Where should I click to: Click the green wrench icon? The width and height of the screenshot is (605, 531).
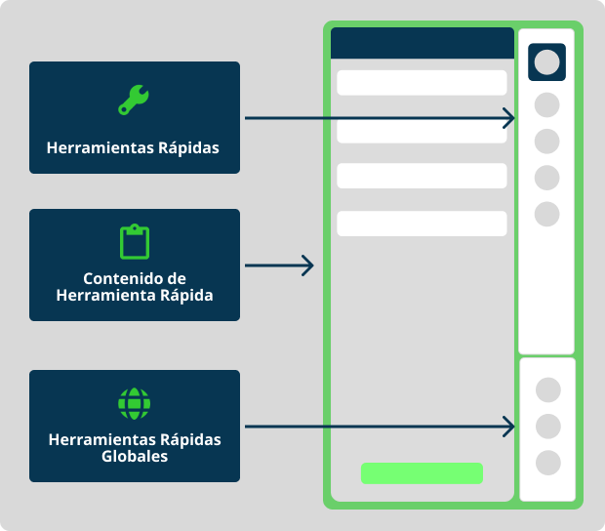(134, 101)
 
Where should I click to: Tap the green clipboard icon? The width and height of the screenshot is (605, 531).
(134, 241)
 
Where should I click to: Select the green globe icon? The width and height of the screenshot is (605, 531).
(134, 402)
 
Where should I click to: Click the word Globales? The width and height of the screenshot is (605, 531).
(135, 457)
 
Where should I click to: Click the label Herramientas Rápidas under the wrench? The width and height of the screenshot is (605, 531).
(133, 148)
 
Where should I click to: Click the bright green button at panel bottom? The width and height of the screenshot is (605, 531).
(422, 473)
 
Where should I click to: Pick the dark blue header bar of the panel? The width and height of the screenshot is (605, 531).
(422, 44)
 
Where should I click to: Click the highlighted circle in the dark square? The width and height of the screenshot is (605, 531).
(547, 62)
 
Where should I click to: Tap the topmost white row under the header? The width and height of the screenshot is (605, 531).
(422, 82)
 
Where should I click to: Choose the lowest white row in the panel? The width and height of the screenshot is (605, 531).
(422, 224)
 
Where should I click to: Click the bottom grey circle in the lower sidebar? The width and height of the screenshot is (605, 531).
(548, 463)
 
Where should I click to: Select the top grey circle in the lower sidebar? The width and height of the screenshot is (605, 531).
(548, 390)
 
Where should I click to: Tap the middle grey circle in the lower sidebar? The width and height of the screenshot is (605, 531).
(548, 427)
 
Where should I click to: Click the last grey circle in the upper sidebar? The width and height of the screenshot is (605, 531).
(547, 213)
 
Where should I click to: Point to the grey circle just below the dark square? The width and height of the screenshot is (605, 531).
(547, 104)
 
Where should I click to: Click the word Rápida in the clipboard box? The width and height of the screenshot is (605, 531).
(182, 295)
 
